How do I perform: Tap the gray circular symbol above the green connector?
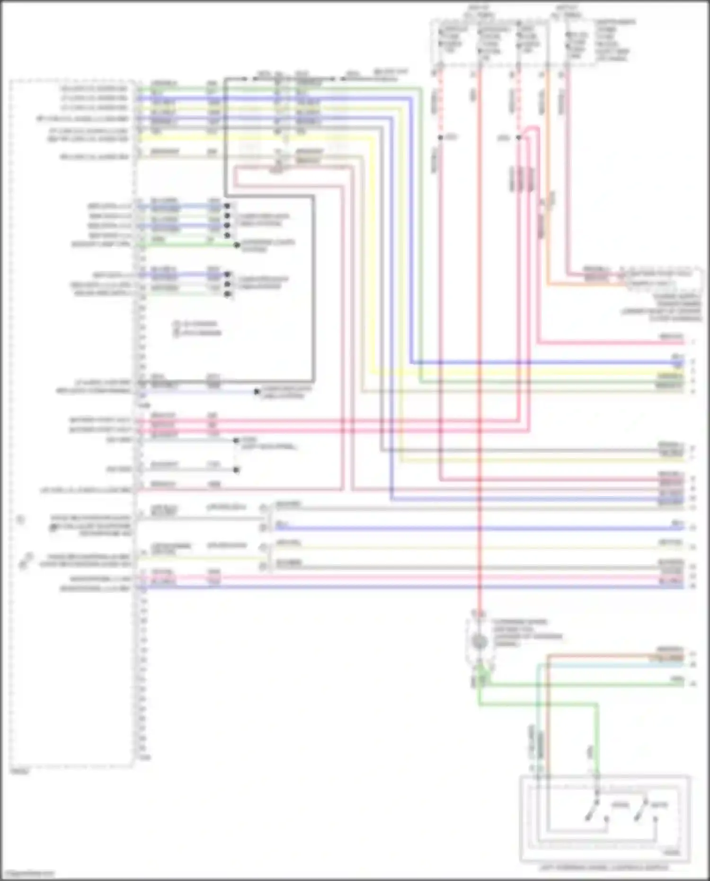(x=479, y=641)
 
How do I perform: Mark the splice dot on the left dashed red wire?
(x=440, y=138)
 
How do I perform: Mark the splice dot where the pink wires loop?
(x=519, y=138)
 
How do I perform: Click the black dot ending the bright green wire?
(x=237, y=245)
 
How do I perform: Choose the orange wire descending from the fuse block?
(x=548, y=189)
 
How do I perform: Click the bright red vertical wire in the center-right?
(x=479, y=331)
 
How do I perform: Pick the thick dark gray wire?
(x=312, y=284)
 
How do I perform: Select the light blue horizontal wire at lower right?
(x=615, y=665)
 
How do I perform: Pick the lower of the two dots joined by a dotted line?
(x=236, y=470)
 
